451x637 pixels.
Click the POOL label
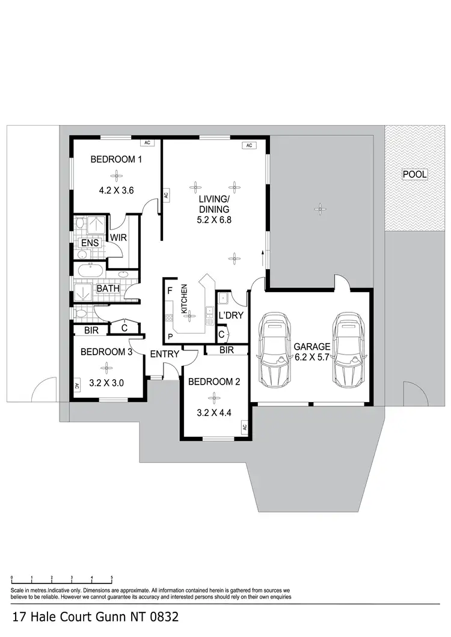point(415,175)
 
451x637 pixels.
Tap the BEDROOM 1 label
point(116,160)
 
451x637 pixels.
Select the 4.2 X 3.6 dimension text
point(115,190)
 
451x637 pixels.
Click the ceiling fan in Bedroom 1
point(115,175)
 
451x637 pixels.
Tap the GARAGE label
point(311,347)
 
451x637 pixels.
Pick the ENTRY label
point(164,354)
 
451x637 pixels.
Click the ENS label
point(90,243)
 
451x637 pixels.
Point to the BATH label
point(108,288)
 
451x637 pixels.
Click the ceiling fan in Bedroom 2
point(213,397)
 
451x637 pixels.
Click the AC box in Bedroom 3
point(76,386)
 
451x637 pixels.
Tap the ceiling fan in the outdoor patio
point(318,209)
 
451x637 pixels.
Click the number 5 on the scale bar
point(112,578)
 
